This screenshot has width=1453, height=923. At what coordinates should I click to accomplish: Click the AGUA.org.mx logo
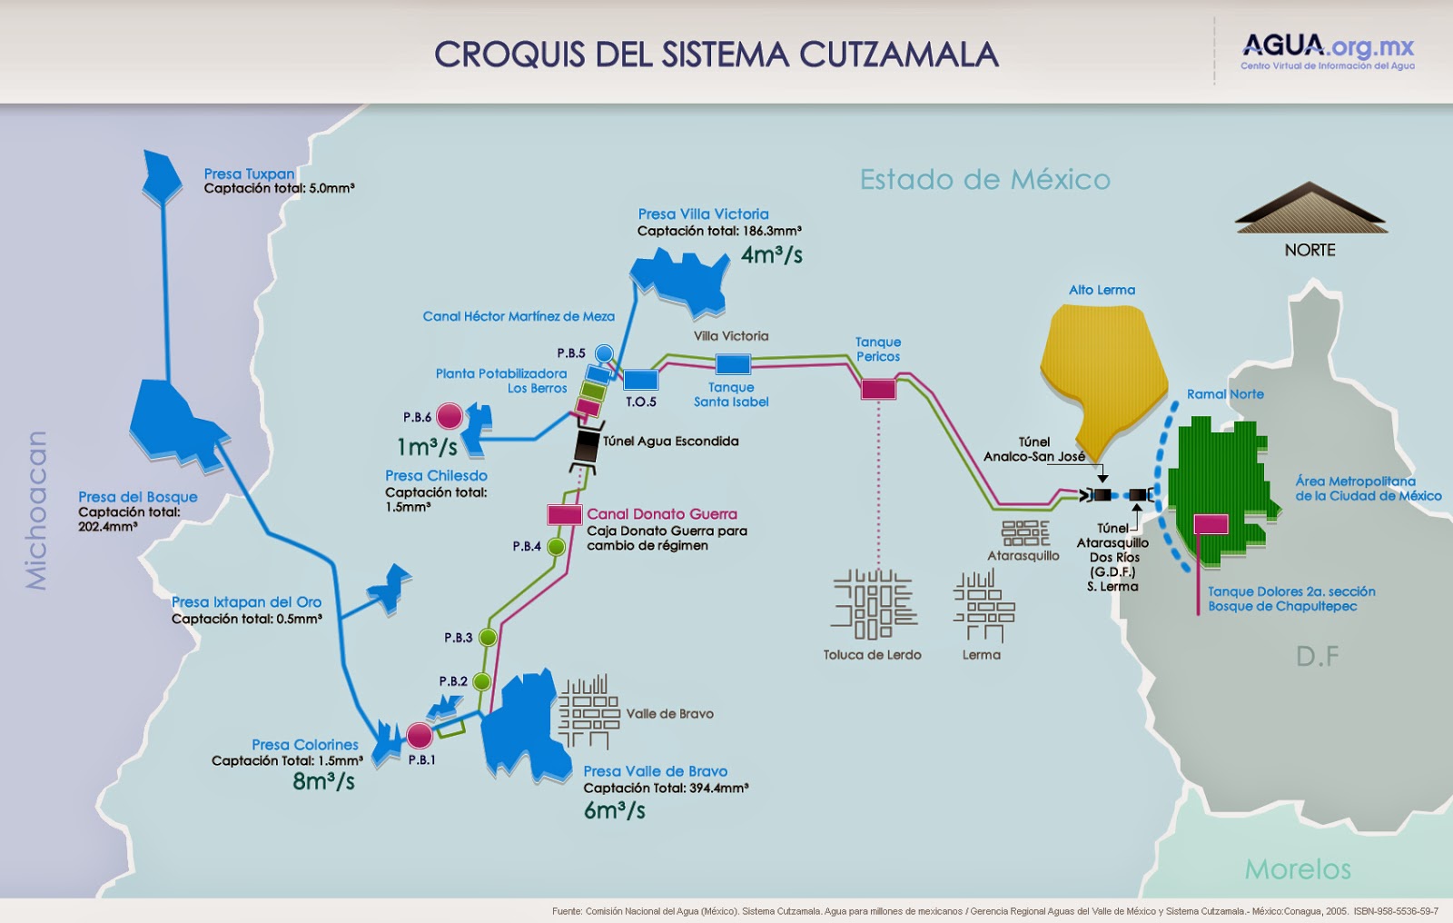coord(1327,51)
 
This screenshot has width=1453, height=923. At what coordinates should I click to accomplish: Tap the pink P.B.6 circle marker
coord(450,416)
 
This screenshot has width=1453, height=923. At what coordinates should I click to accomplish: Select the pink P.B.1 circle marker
coord(420,735)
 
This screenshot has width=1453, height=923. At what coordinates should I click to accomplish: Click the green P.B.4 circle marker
coord(556,547)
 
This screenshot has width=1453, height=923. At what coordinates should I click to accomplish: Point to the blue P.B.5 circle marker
coord(604,353)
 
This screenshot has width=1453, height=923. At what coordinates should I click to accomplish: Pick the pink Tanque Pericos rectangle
coord(878,389)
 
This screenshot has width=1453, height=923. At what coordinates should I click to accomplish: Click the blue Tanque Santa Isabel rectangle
coord(733,364)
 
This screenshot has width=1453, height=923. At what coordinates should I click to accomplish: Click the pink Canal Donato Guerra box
coord(564,514)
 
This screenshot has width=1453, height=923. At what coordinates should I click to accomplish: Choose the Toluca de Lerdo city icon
coord(872,603)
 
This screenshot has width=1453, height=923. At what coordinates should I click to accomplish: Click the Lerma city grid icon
coord(981,604)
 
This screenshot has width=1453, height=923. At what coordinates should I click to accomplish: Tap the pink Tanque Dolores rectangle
coord(1211,524)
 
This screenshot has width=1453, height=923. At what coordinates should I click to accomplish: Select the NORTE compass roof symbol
coord(1310,209)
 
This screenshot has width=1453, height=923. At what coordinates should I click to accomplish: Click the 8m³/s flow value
coord(323,780)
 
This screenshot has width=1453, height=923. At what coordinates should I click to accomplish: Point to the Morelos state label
coord(1297,869)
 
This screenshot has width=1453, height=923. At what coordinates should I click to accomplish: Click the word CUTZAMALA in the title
coord(899,55)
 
